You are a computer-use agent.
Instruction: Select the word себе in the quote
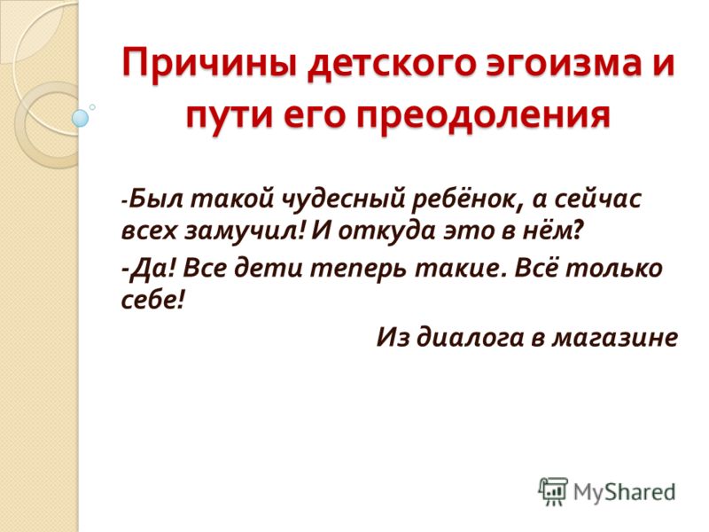149,299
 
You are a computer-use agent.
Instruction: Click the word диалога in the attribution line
470,337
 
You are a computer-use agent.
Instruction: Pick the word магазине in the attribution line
614,338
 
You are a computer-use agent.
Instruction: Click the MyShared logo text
624,492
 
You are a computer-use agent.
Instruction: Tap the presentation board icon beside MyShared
553,491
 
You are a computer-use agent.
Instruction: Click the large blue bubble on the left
81,118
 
